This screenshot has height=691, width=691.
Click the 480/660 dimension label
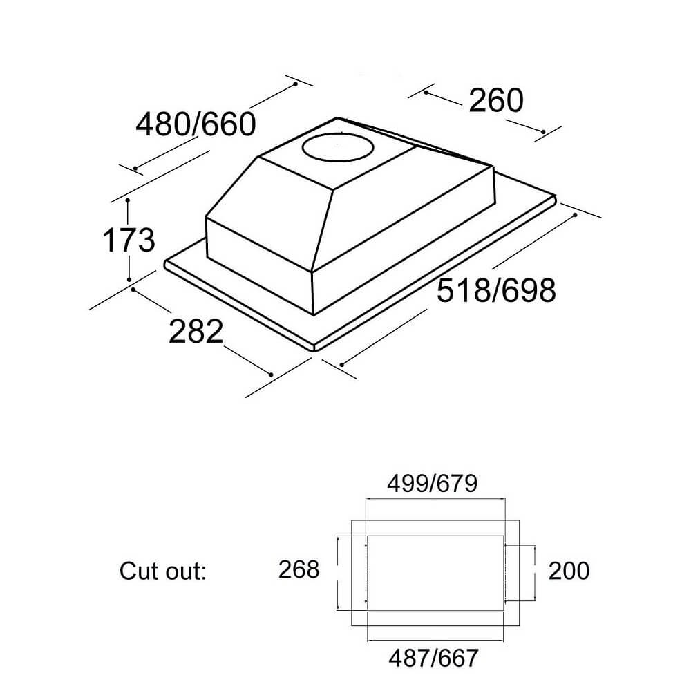(x=196, y=125)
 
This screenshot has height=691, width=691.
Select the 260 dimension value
(x=496, y=102)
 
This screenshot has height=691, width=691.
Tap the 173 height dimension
(x=129, y=240)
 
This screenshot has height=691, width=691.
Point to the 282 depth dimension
(x=196, y=332)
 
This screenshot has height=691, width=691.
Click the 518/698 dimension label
(x=496, y=291)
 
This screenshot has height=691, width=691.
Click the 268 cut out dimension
(x=299, y=570)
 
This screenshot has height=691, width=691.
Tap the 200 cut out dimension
(x=569, y=571)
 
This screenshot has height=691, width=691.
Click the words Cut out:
(x=163, y=571)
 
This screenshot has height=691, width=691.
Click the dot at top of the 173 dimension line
(x=129, y=201)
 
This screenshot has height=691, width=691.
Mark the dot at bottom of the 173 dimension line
(x=129, y=280)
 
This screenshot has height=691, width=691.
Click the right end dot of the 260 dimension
(x=544, y=132)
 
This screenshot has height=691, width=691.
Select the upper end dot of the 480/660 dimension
(x=295, y=84)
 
